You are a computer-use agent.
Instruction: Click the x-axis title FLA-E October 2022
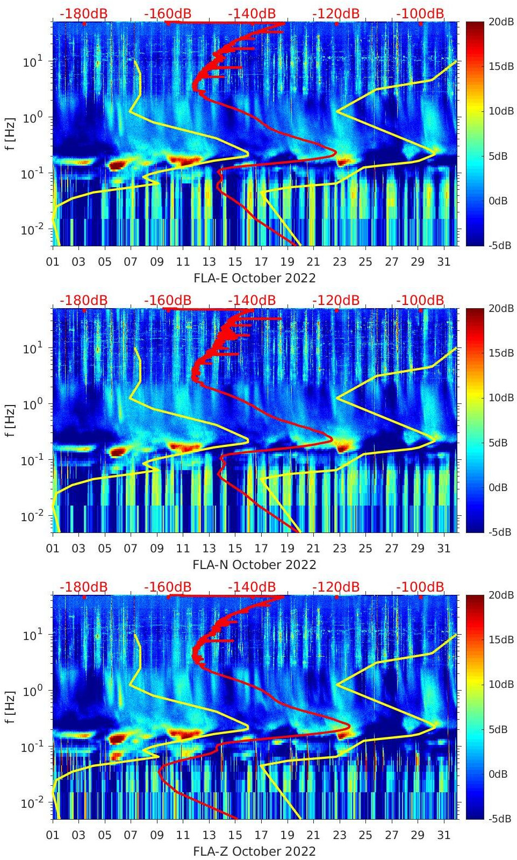click(254, 278)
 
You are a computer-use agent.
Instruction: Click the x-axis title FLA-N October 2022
click(254, 565)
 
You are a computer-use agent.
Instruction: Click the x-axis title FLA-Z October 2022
click(254, 851)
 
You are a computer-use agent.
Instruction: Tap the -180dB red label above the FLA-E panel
click(83, 13)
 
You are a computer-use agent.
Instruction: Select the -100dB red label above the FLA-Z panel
click(420, 587)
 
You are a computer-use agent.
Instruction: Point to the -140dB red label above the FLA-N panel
click(252, 300)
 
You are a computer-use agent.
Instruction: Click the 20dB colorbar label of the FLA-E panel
click(500, 22)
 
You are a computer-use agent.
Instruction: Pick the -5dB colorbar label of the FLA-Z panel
click(499, 819)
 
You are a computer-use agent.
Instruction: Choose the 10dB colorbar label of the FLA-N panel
click(500, 397)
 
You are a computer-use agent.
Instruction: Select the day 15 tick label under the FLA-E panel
click(235, 262)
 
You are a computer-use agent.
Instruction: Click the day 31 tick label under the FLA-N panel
click(443, 549)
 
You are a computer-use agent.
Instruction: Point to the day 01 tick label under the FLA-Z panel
click(53, 835)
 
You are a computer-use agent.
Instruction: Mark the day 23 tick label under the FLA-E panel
click(339, 262)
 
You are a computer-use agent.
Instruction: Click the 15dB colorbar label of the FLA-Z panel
click(500, 639)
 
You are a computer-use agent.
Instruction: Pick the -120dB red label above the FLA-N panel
click(336, 300)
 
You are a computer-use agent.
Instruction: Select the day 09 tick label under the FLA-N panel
click(157, 549)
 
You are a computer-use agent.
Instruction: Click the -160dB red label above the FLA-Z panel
click(168, 587)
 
